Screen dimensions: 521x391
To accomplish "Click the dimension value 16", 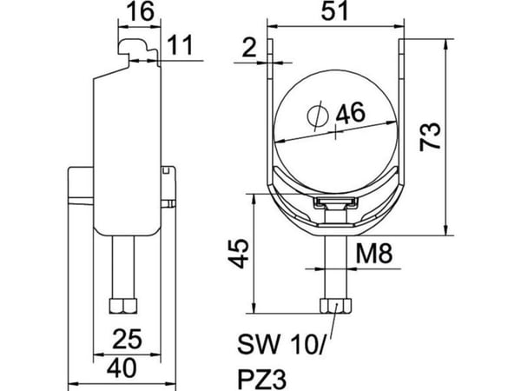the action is click(x=141, y=11).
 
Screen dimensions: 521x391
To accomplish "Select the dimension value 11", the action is click(x=180, y=45).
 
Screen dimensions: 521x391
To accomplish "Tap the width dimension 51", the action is click(x=334, y=10).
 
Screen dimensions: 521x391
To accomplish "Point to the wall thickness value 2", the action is click(x=249, y=48).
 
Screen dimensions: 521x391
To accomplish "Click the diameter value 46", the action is click(x=351, y=113).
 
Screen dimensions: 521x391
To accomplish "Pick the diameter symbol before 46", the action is click(x=318, y=116).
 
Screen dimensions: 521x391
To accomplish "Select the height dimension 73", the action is click(x=431, y=136).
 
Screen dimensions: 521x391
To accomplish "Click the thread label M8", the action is click(x=374, y=254).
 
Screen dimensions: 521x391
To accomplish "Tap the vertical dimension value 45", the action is click(x=239, y=254).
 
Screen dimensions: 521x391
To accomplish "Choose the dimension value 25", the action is click(x=128, y=339).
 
